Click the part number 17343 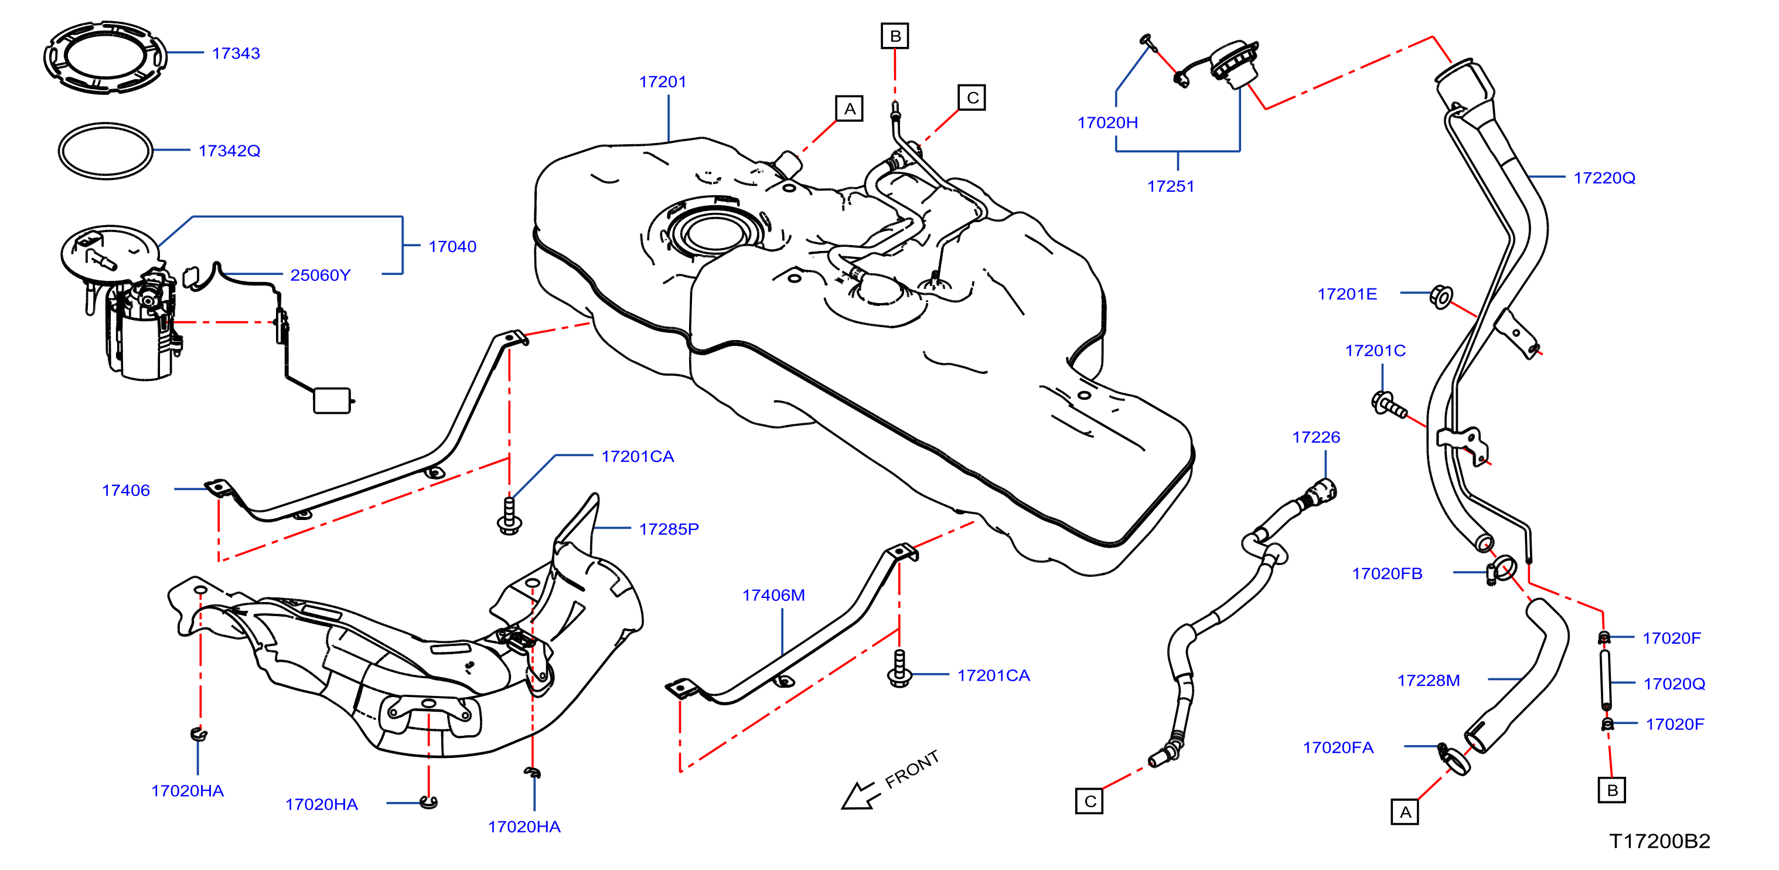pyautogui.click(x=236, y=53)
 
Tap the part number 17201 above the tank pyautogui.click(x=662, y=81)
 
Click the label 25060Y pyautogui.click(x=321, y=275)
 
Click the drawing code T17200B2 pyautogui.click(x=1659, y=841)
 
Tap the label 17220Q pyautogui.click(x=1604, y=178)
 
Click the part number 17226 pyautogui.click(x=1315, y=437)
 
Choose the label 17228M pyautogui.click(x=1428, y=680)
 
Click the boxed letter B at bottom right pyautogui.click(x=1612, y=790)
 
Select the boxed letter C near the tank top pyautogui.click(x=972, y=97)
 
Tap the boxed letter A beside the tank pyautogui.click(x=850, y=108)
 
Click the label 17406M pyautogui.click(x=773, y=595)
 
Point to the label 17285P pyautogui.click(x=669, y=529)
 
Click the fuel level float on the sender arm pyautogui.click(x=332, y=401)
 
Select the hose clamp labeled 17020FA pyautogui.click(x=1454, y=761)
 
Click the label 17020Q pyautogui.click(x=1674, y=684)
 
